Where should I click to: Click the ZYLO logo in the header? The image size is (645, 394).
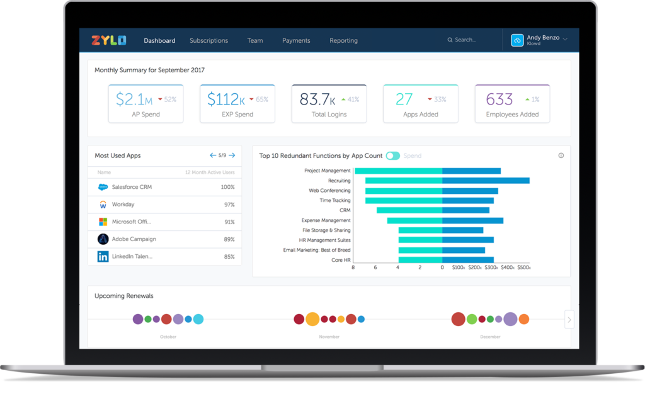click(x=108, y=40)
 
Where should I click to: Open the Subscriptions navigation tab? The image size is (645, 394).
click(x=208, y=40)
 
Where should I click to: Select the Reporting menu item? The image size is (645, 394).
click(x=343, y=40)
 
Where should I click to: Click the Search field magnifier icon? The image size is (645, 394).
click(x=450, y=40)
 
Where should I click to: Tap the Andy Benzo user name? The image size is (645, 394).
click(x=542, y=37)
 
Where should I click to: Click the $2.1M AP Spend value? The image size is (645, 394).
click(x=134, y=99)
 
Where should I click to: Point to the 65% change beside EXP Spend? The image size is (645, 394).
click(x=262, y=99)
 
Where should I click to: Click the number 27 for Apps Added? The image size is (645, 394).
click(x=404, y=99)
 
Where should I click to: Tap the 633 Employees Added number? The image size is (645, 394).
click(x=499, y=99)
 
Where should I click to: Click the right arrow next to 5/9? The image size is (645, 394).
click(x=232, y=155)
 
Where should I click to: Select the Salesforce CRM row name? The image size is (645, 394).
click(x=132, y=187)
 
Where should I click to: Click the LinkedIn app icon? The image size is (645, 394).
click(x=103, y=256)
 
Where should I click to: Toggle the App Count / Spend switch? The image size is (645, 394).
click(x=392, y=155)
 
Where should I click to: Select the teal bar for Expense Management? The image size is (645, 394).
click(x=414, y=220)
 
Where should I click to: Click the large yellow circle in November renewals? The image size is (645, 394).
click(x=312, y=319)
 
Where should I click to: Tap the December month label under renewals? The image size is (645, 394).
click(x=490, y=337)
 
